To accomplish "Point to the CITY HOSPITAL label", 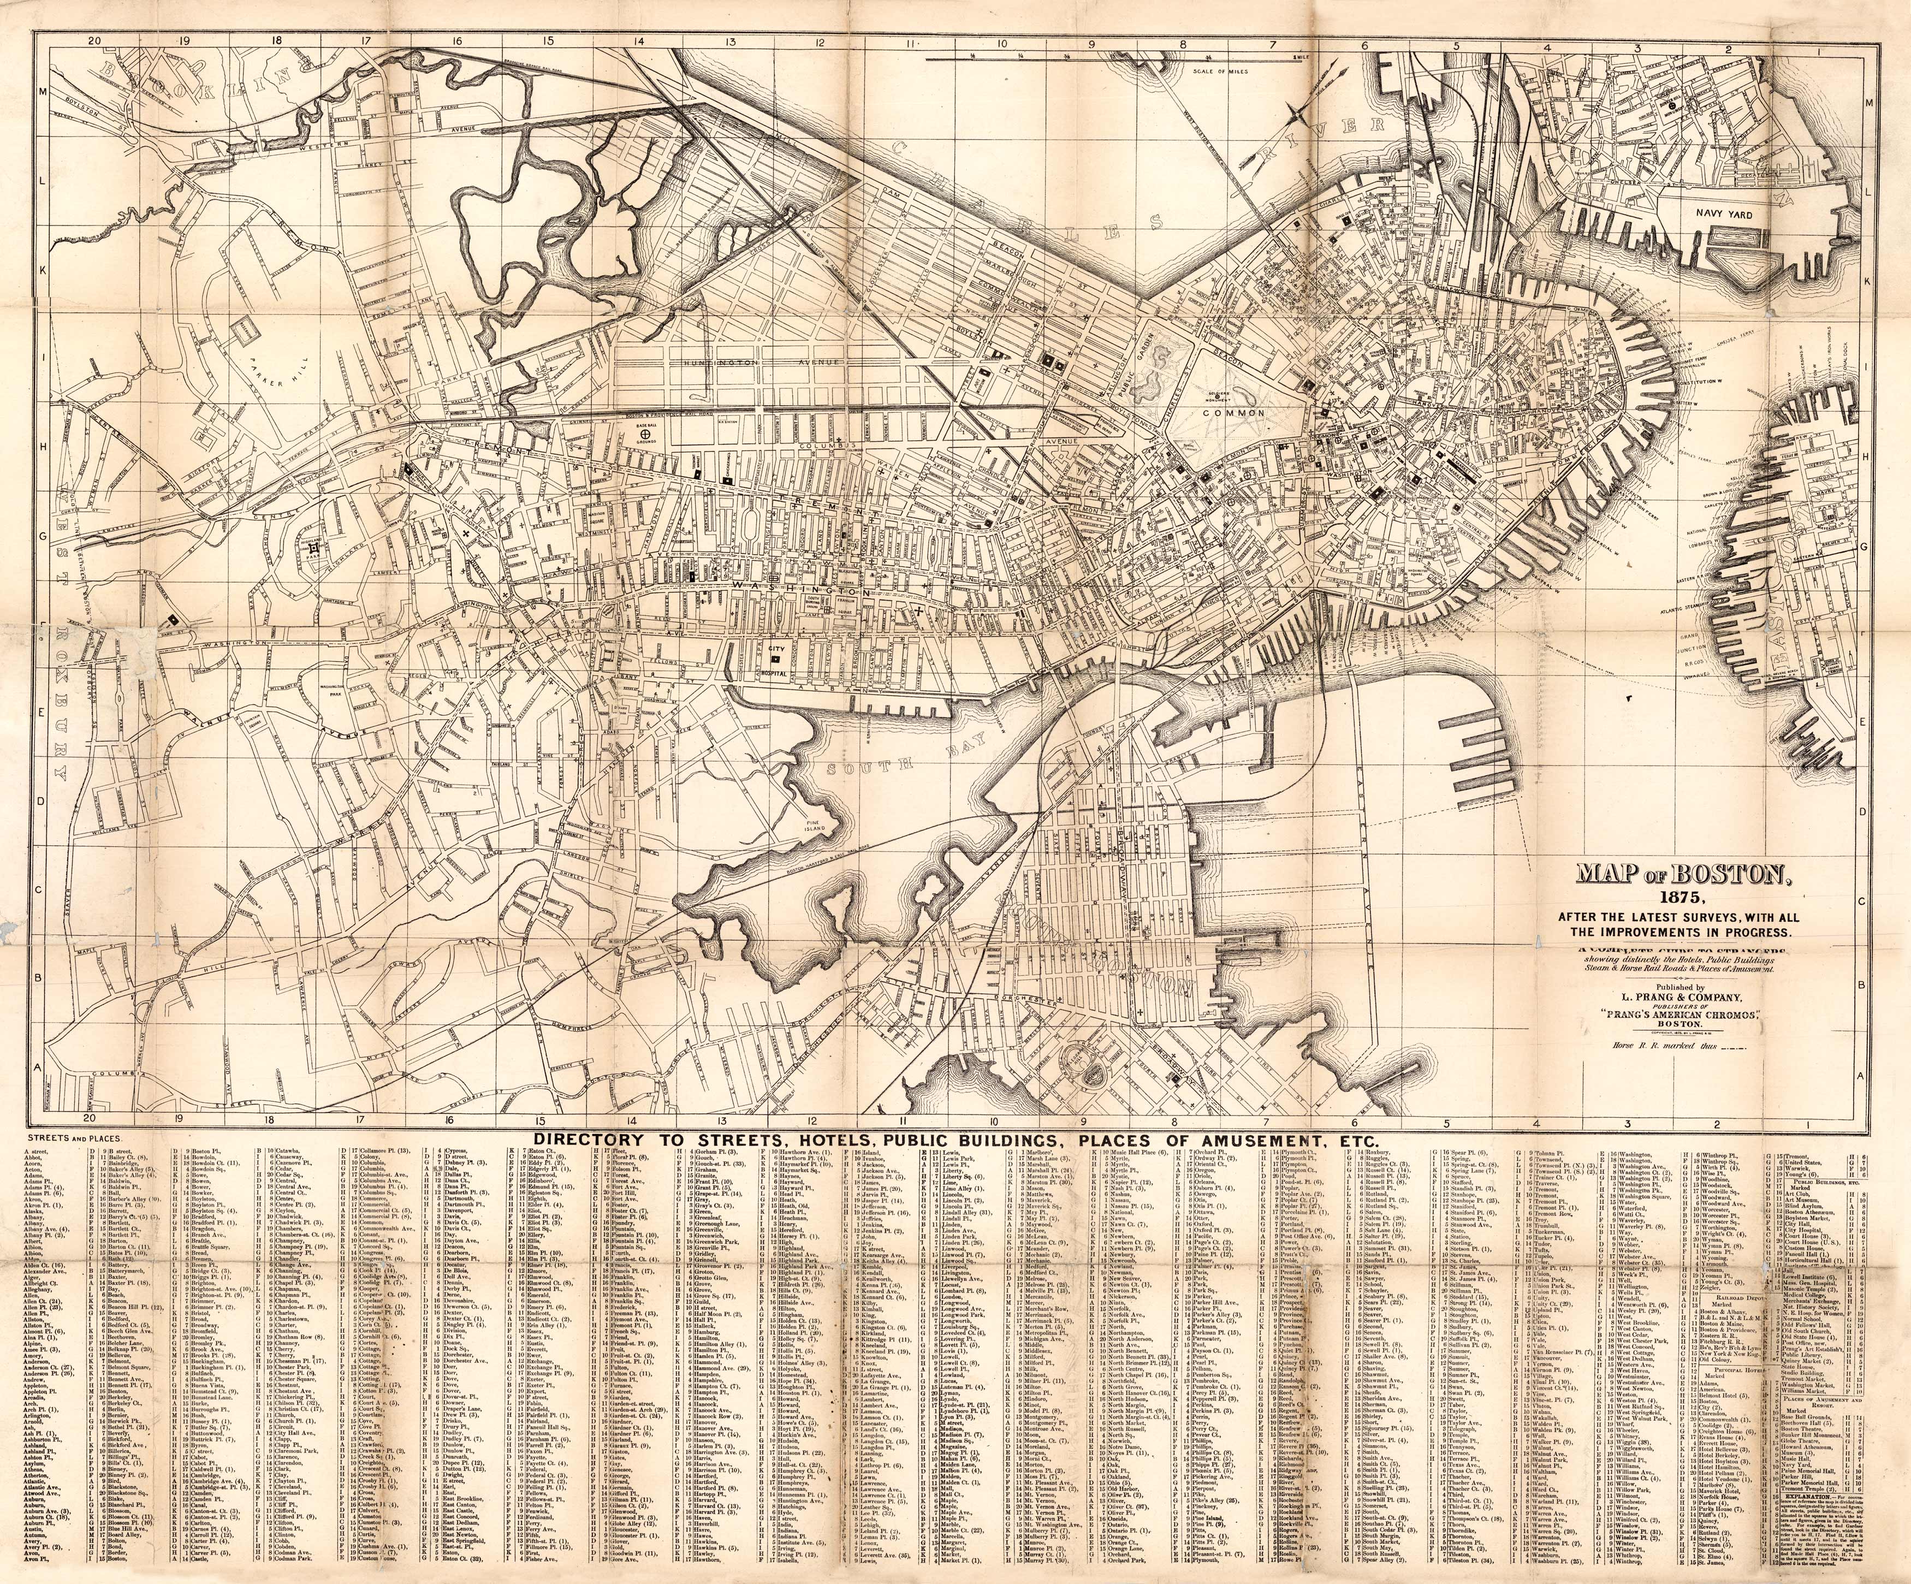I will (x=775, y=656).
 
